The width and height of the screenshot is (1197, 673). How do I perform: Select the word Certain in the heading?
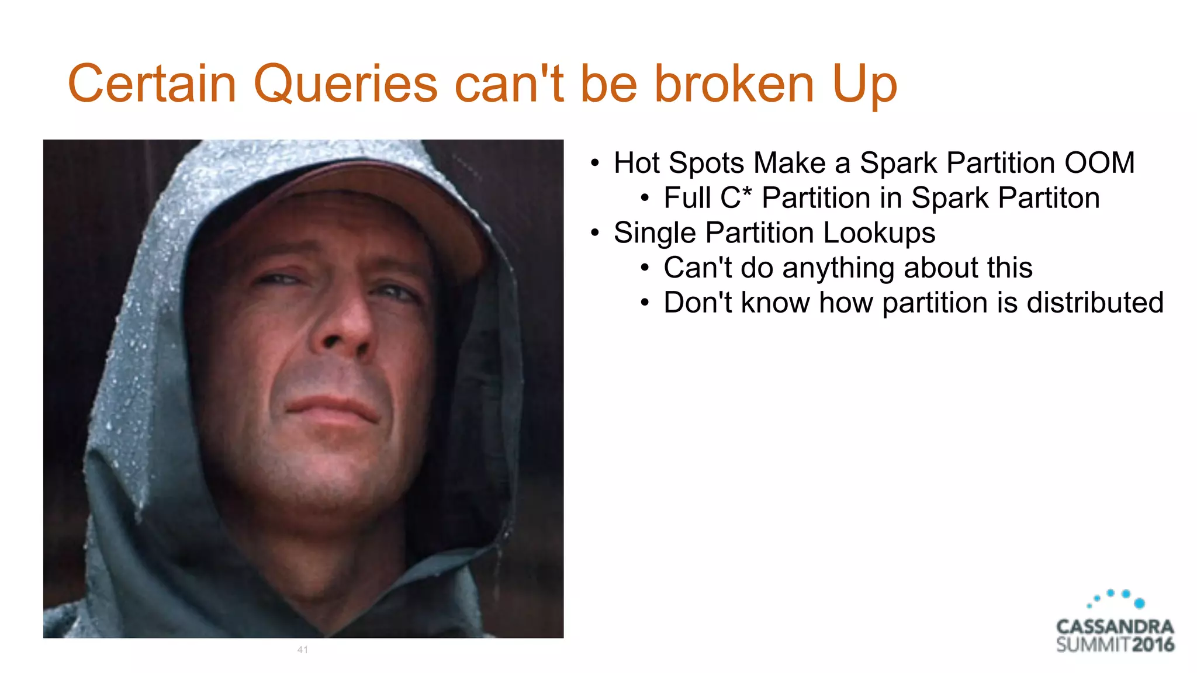click(x=152, y=84)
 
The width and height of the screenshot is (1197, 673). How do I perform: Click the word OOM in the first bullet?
click(x=1099, y=163)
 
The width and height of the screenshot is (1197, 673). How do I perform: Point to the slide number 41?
click(x=302, y=650)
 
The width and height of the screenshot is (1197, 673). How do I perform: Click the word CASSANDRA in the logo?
click(x=1115, y=627)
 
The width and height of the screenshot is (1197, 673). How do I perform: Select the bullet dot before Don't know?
click(x=645, y=303)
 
